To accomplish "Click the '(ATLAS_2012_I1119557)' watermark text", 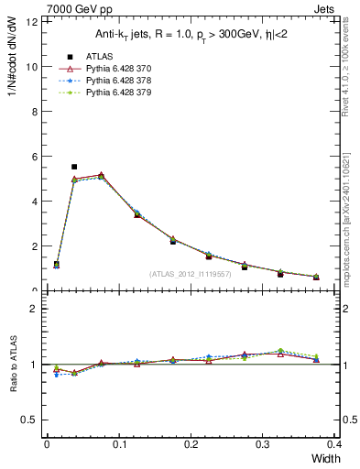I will coord(190,274).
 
